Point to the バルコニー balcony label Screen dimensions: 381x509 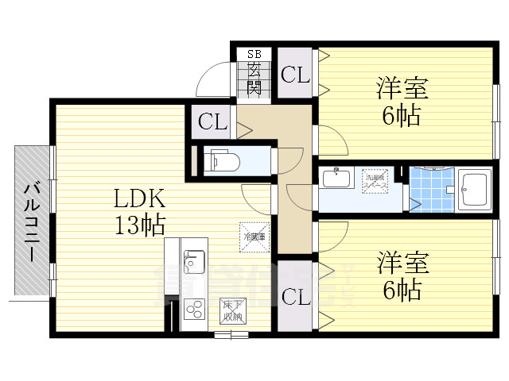click(32, 221)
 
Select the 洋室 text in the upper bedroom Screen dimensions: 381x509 click(402, 87)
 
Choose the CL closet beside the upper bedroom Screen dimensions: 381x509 click(295, 75)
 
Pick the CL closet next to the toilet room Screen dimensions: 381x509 click(212, 122)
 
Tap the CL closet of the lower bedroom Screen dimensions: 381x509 click(295, 297)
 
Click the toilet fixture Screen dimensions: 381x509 click(224, 161)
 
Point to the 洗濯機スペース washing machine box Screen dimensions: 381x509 click(375, 179)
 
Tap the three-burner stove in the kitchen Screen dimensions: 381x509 click(193, 307)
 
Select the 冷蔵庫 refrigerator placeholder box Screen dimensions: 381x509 click(254, 235)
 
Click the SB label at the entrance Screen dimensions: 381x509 click(254, 54)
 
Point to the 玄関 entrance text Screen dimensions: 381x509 click(254, 78)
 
